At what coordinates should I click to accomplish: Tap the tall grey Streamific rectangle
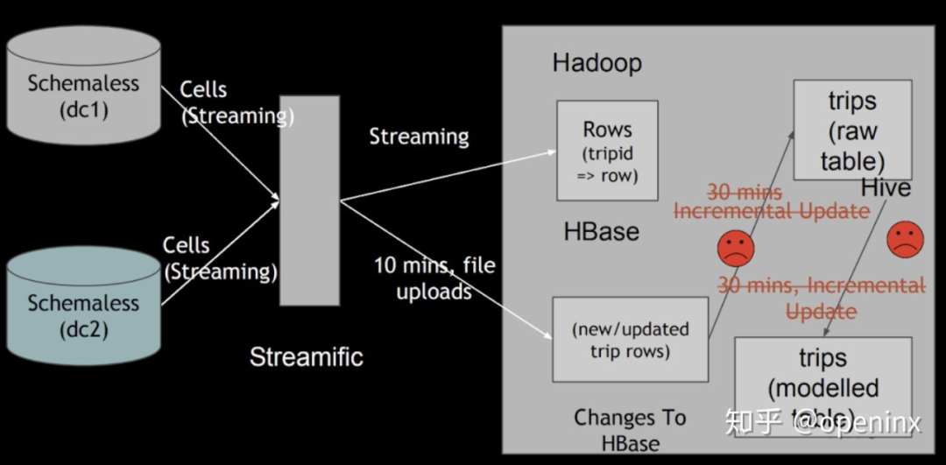[308, 201]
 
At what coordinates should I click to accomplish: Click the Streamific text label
[306, 357]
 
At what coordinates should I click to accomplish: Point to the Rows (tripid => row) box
[607, 151]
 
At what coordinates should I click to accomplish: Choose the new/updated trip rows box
[630, 340]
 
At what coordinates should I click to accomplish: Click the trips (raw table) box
[852, 130]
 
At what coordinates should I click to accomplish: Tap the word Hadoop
[597, 63]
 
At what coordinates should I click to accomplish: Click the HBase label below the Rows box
[601, 232]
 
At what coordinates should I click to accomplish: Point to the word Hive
[886, 187]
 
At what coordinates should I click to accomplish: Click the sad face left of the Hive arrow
[736, 249]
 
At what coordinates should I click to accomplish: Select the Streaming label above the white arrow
[419, 137]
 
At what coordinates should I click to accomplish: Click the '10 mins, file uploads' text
[434, 278]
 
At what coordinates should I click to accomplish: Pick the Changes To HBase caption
[630, 430]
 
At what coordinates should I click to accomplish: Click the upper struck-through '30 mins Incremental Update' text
[770, 201]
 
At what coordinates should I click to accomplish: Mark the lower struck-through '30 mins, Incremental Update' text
[821, 298]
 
